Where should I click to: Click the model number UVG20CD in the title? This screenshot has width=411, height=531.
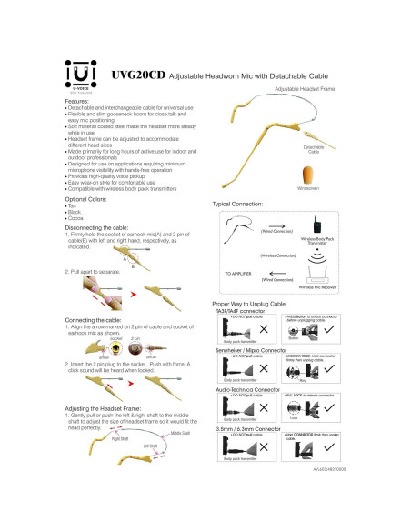pos(136,77)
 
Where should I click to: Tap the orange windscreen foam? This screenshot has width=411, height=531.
pos(307,170)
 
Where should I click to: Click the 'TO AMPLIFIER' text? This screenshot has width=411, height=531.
pos(239,273)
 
